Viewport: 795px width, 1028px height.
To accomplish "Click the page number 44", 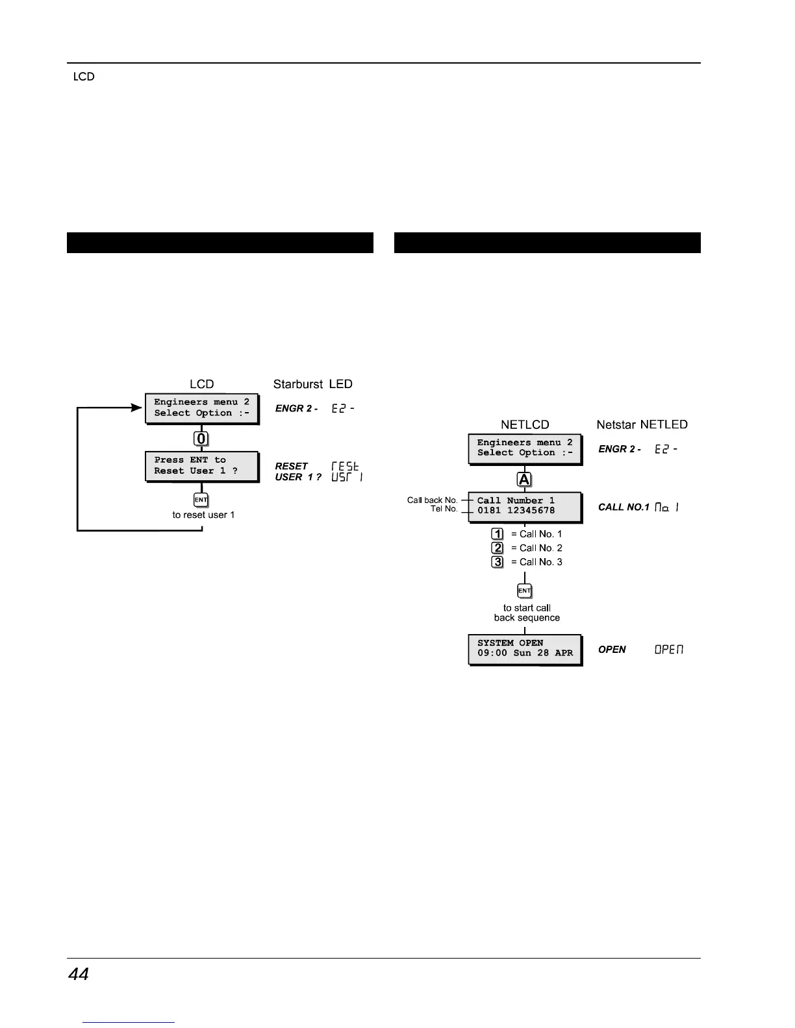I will click(79, 974).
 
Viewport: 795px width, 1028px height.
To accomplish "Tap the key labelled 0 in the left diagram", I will click(201, 439).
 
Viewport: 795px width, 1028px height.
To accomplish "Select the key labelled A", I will click(524, 480).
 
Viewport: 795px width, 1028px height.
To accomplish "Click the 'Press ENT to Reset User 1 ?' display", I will click(201, 466).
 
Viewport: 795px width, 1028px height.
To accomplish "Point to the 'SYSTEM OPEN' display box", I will click(525, 648).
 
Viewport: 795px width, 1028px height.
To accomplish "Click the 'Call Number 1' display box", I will click(525, 506).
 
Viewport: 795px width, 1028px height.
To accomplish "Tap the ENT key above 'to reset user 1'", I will click(201, 500).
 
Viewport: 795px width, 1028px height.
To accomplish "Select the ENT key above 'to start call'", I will click(524, 591).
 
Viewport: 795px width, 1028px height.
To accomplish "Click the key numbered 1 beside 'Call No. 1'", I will click(498, 534).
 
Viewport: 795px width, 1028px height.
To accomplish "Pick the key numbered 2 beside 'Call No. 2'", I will click(498, 548).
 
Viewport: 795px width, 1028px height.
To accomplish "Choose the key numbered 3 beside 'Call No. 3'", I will click(498, 562).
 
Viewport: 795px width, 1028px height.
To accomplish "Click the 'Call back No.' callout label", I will click(433, 500).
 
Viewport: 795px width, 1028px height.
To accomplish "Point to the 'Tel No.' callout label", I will click(444, 509).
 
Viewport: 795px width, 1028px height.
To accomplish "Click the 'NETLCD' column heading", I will click(525, 424).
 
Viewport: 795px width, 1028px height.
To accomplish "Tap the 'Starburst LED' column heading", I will click(313, 384).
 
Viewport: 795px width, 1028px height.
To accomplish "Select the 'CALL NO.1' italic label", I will click(624, 507).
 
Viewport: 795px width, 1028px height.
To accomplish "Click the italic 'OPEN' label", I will click(612, 650).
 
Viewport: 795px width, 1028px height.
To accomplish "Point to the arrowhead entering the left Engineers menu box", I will click(137, 408).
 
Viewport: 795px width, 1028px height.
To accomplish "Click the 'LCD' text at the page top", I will click(84, 77).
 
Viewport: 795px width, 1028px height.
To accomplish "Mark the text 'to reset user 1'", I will click(203, 515).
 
